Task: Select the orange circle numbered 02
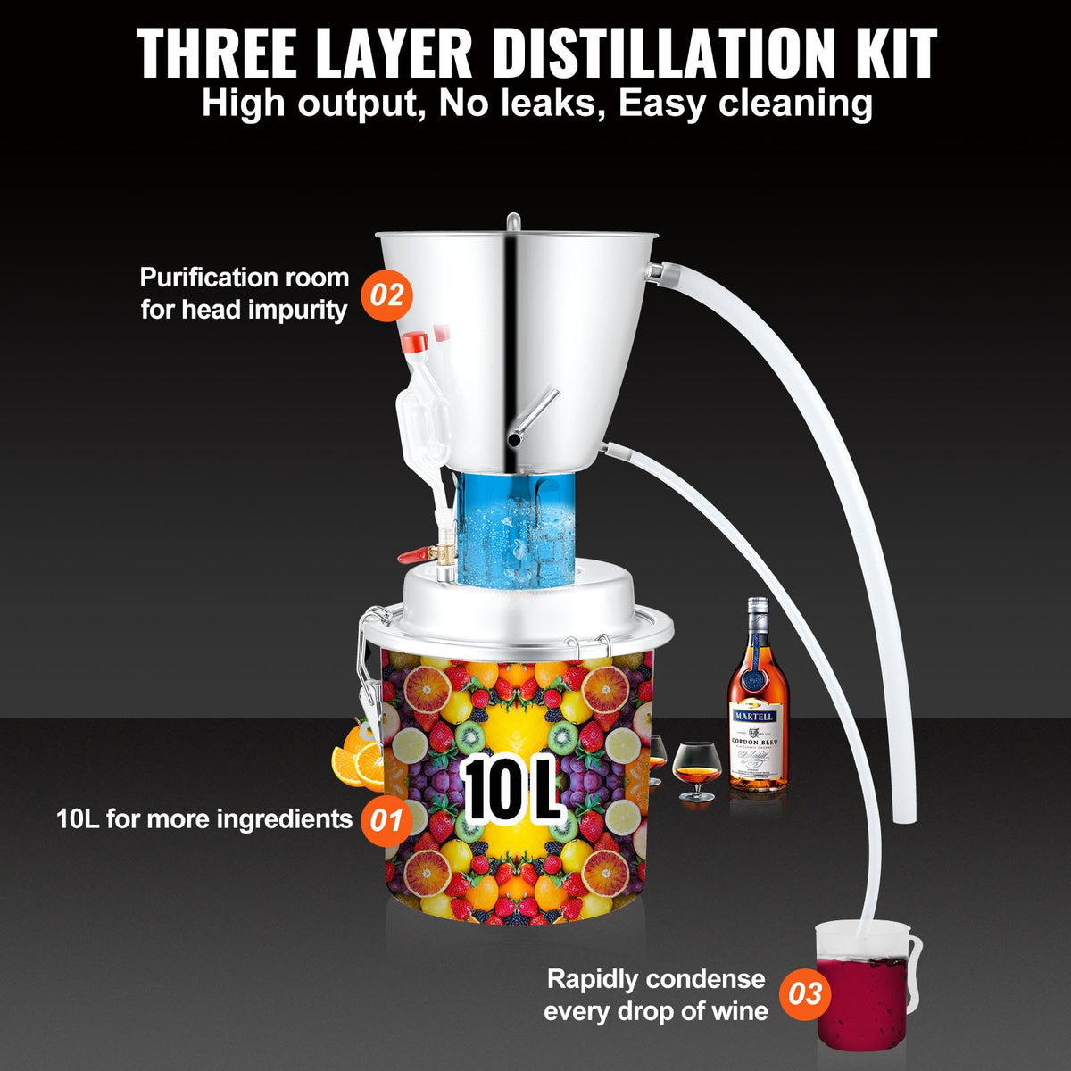(387, 295)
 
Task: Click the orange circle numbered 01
(386, 819)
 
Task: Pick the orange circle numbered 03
(805, 994)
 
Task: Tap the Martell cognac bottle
(758, 705)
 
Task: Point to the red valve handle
(411, 556)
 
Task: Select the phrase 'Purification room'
(244, 278)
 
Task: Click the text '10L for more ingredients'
(204, 819)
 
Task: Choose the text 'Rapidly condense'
(656, 979)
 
